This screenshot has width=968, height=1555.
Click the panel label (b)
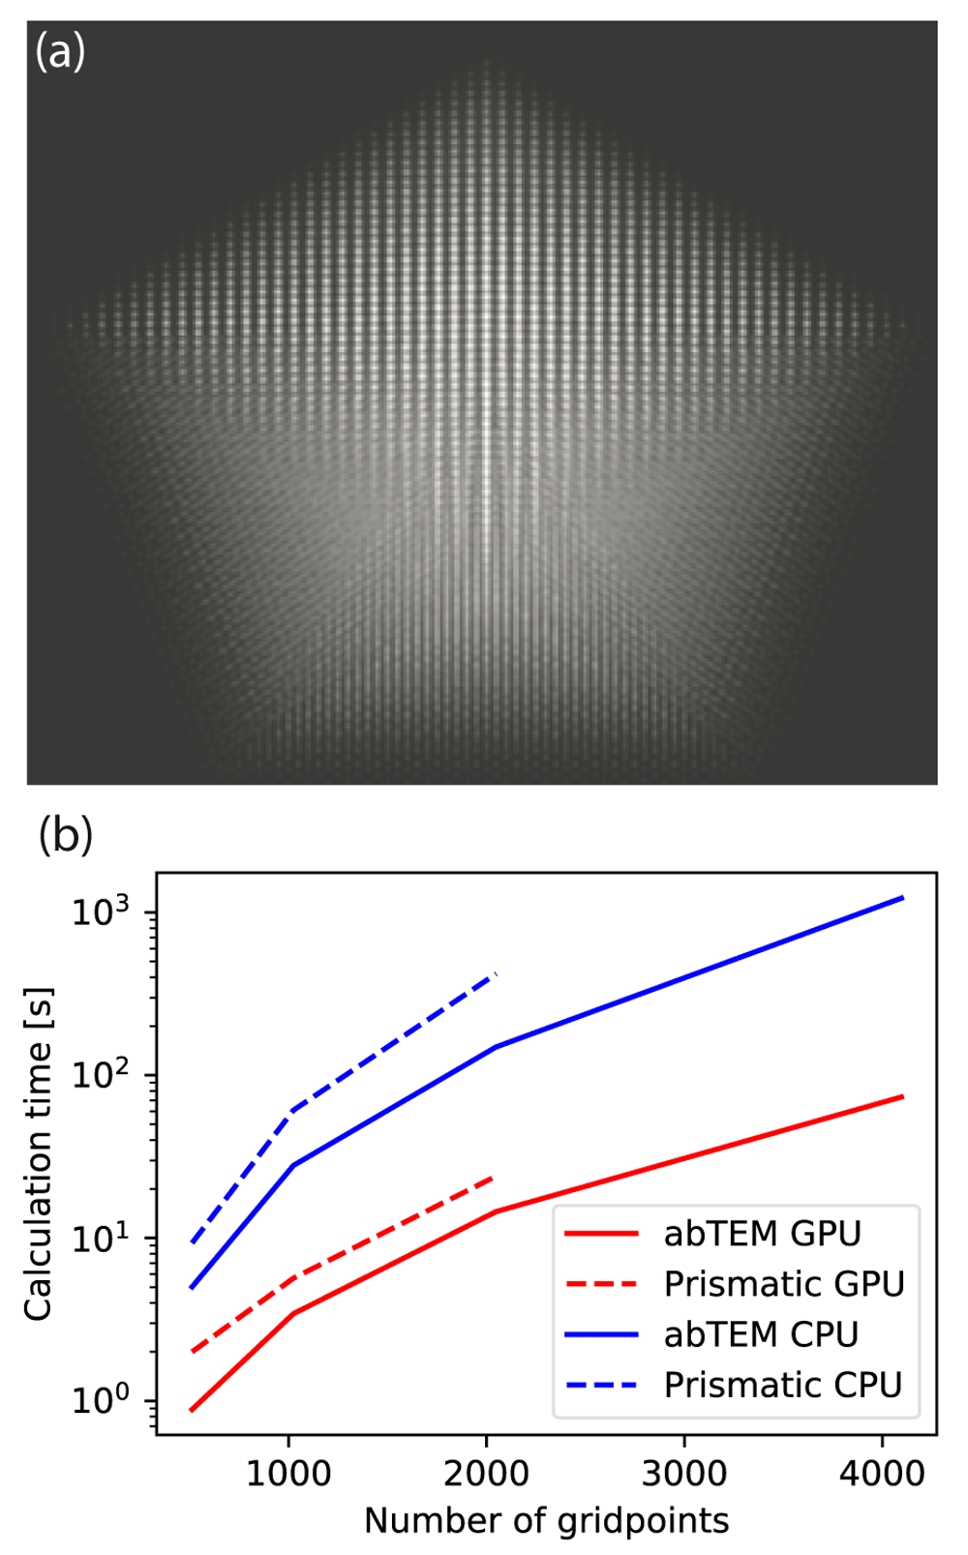(x=65, y=835)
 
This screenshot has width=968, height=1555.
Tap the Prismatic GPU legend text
(x=784, y=1284)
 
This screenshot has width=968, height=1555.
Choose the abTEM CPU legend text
(x=761, y=1334)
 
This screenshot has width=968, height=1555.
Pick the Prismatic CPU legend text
(x=782, y=1385)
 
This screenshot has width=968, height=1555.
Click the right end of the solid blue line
(x=903, y=898)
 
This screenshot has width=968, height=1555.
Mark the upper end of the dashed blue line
(x=496, y=974)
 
